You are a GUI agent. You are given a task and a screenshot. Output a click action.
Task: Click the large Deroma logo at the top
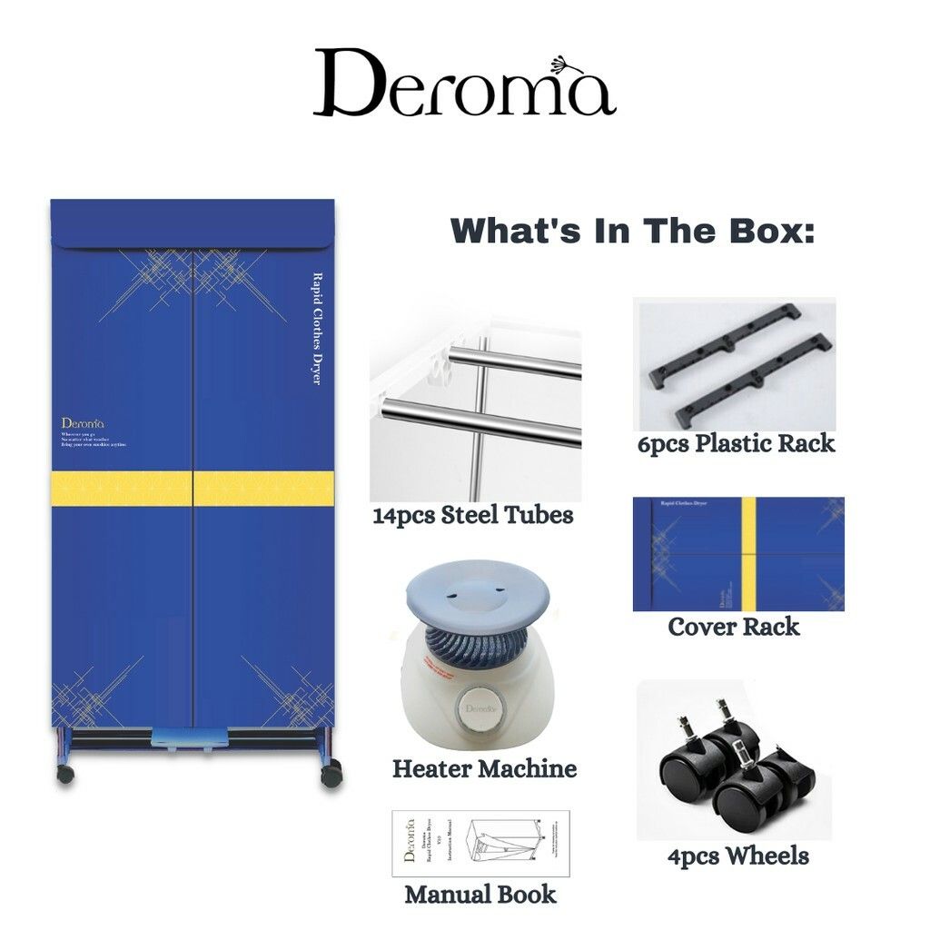coord(464,84)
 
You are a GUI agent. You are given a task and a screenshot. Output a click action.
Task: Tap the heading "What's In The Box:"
coord(633,230)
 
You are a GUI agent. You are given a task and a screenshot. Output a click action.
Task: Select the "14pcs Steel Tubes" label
coord(472,516)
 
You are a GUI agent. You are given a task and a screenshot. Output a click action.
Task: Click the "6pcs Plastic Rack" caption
coord(736,443)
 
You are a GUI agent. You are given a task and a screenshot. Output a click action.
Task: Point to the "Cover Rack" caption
coord(734,627)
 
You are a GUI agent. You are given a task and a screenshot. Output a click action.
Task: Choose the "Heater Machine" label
coord(484,768)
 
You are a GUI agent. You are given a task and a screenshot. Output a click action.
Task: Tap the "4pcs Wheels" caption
coord(737,856)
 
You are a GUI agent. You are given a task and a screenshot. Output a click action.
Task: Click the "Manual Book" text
coord(480,894)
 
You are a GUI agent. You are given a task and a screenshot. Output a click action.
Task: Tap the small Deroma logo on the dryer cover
coord(84,423)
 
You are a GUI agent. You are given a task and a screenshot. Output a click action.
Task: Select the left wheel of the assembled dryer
coord(65,774)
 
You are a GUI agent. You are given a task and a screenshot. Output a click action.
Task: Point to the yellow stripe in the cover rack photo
coord(749,554)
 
